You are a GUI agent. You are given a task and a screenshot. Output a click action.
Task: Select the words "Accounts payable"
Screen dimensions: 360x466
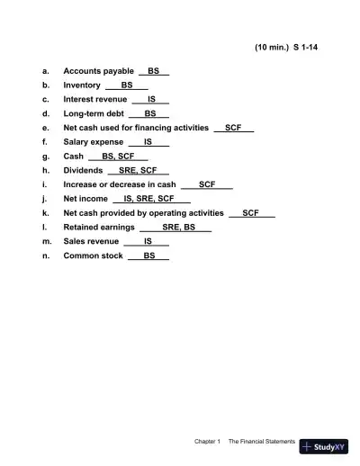[x=98, y=70]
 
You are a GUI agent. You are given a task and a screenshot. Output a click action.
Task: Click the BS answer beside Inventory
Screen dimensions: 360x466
[x=127, y=85]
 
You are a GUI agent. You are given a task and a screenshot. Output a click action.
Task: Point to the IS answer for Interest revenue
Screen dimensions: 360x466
[x=152, y=99]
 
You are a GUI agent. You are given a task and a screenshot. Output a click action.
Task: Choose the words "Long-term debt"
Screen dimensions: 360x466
[x=94, y=113]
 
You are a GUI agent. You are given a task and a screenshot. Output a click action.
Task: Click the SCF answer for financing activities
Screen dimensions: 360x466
[x=233, y=128]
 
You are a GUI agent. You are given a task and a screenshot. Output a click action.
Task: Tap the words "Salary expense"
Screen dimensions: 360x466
[x=94, y=142]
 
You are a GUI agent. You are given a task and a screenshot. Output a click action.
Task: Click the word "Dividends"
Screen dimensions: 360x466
[x=83, y=170]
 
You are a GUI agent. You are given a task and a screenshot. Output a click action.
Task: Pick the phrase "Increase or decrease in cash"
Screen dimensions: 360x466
[x=120, y=184]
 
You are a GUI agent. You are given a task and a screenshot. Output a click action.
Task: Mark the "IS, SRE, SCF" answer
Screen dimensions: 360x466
[x=149, y=199]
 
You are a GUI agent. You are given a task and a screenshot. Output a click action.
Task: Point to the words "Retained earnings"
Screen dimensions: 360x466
[x=97, y=228]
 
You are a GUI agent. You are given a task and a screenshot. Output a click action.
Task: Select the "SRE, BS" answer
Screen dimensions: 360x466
[x=178, y=228]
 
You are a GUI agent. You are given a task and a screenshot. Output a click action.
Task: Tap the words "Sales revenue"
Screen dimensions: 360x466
[x=91, y=242]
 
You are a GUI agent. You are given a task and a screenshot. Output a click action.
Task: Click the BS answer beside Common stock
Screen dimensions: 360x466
[x=149, y=256]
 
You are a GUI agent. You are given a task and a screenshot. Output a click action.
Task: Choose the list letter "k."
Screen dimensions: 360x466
[x=46, y=213]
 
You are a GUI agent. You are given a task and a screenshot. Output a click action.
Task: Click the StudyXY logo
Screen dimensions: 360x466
[x=325, y=445]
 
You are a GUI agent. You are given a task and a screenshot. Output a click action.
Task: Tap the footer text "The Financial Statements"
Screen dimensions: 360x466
[x=261, y=442]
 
